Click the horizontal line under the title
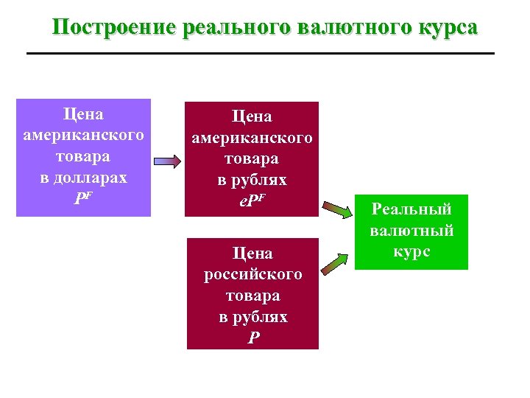point(260,53)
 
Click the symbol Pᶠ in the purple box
point(83,199)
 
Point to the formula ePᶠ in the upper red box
point(252,201)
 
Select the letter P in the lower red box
point(253,338)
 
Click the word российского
point(252,274)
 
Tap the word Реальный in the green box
point(411,209)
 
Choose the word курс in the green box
point(411,251)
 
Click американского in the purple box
point(83,136)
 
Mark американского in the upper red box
point(252,138)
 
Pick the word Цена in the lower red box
point(252,253)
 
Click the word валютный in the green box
point(411,231)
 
